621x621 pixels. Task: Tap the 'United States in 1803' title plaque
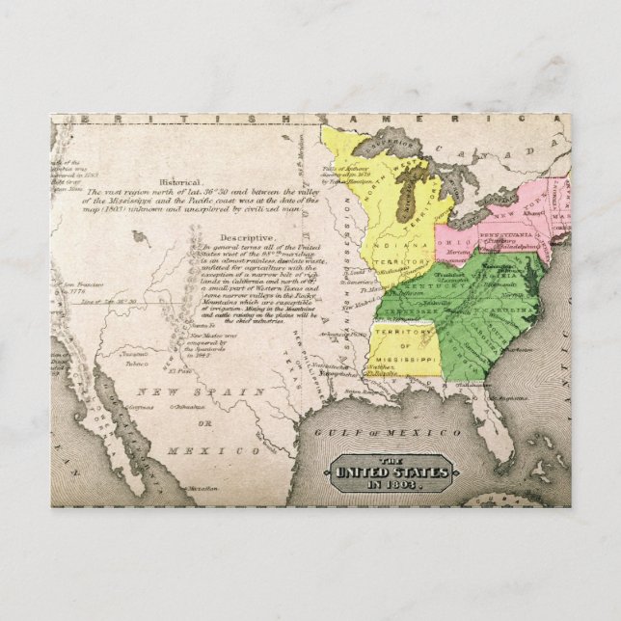[391, 472]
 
